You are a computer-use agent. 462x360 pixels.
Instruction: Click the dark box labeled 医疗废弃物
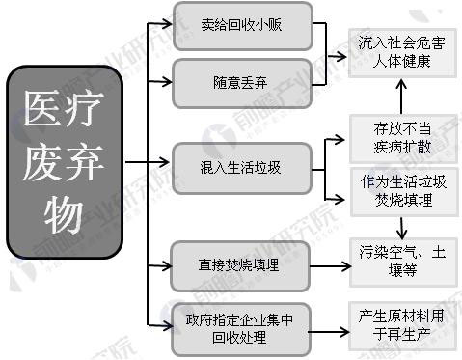[x=65, y=162]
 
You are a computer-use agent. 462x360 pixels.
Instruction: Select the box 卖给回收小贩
[x=243, y=26]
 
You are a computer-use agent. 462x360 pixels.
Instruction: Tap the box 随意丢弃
[x=242, y=83]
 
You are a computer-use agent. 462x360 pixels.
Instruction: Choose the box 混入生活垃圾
[x=242, y=168]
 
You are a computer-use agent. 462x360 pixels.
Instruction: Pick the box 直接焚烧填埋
[x=240, y=266]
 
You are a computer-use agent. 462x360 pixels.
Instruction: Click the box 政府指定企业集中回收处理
[x=240, y=329]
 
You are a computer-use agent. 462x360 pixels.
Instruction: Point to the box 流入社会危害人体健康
[x=402, y=53]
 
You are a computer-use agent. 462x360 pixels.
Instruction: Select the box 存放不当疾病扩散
[x=403, y=138]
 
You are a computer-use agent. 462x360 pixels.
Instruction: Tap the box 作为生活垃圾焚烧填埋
[x=404, y=191]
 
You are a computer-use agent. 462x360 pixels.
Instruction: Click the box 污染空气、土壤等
[x=403, y=263]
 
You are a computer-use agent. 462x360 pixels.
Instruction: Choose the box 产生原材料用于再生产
[x=402, y=326]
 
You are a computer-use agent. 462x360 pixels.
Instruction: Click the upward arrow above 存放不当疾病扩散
[x=401, y=97]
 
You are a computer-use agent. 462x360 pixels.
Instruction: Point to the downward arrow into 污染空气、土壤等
[x=402, y=228]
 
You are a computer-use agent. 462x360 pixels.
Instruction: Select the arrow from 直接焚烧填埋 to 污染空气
[x=330, y=266]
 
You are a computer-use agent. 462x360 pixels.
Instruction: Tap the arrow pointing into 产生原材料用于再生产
[x=329, y=332]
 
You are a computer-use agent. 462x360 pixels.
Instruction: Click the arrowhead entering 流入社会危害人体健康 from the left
[x=341, y=57]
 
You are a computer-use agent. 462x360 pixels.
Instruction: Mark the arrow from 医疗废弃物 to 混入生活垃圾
[x=148, y=162]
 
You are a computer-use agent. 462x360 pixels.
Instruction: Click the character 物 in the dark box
[x=64, y=213]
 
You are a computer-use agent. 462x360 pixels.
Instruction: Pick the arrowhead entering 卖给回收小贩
[x=167, y=23]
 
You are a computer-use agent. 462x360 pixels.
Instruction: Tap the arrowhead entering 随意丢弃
[x=167, y=81]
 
